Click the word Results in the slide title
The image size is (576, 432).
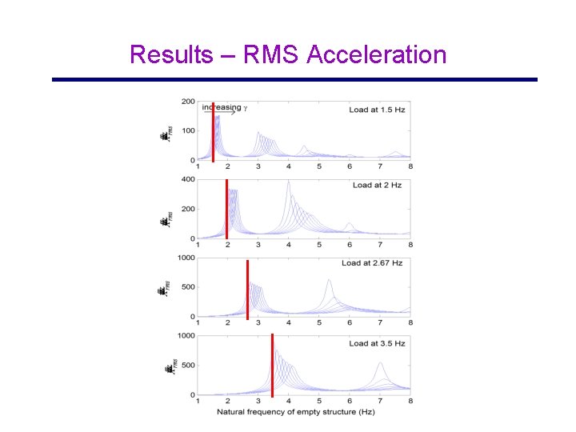(x=171, y=54)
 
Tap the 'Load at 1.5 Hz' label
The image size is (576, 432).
(x=377, y=109)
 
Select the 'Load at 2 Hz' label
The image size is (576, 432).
(x=377, y=185)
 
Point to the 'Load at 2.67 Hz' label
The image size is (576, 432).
(x=372, y=263)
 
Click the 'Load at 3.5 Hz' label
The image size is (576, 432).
(x=377, y=343)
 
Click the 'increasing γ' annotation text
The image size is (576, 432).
(x=224, y=107)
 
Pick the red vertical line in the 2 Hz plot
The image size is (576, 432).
(x=227, y=210)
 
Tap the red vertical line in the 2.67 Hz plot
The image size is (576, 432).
(x=247, y=290)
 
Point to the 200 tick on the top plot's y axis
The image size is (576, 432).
(x=189, y=102)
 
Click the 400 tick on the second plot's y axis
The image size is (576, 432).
(x=189, y=179)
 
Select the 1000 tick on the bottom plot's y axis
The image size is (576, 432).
(x=186, y=336)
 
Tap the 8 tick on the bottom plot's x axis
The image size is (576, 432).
(x=410, y=402)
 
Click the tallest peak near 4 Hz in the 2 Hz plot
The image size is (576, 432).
(x=289, y=182)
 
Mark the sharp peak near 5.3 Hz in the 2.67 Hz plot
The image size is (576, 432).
(x=330, y=281)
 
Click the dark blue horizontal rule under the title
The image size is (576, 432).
(x=294, y=79)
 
